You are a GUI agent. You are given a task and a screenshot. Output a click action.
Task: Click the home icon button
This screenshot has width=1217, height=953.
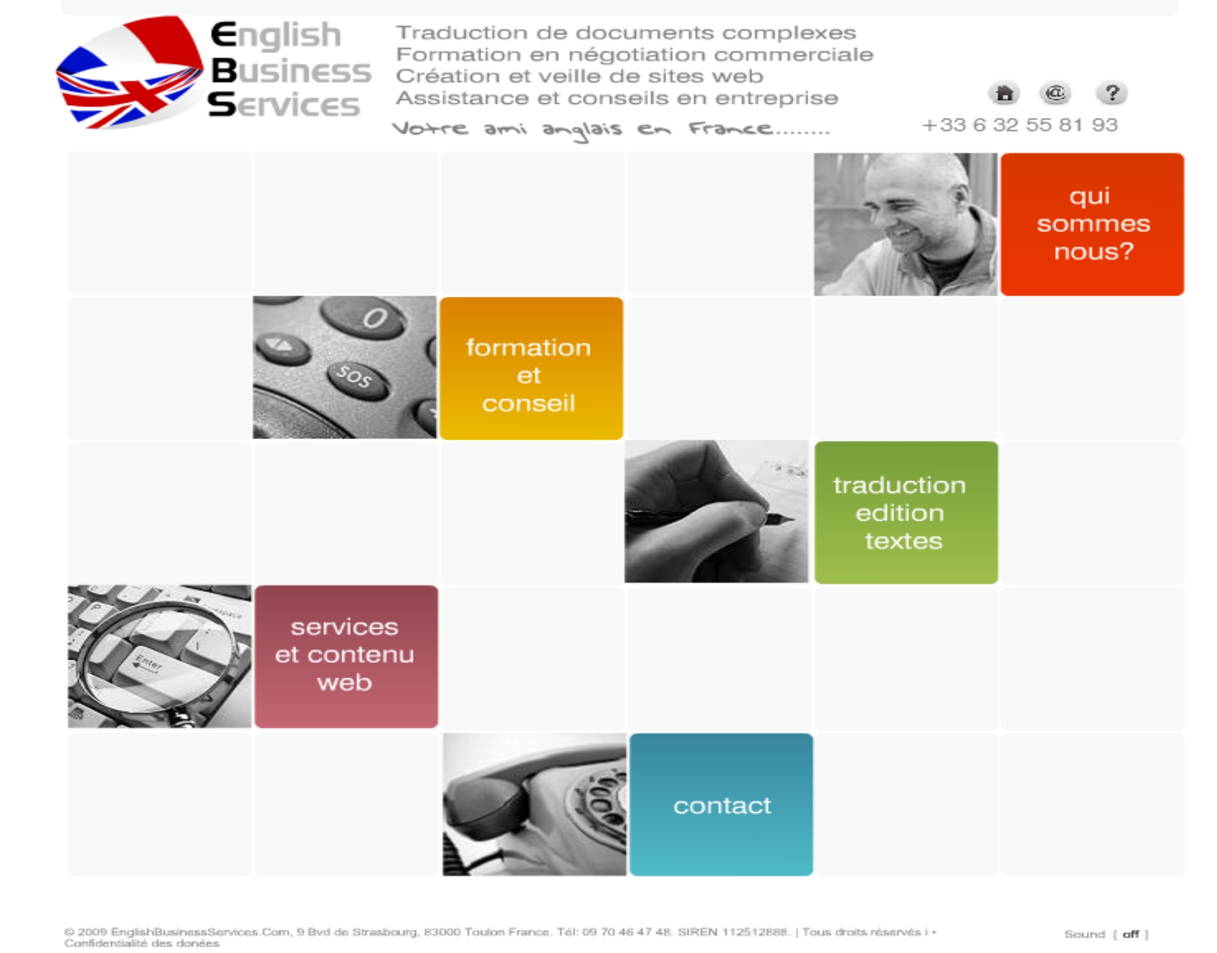click(x=1004, y=93)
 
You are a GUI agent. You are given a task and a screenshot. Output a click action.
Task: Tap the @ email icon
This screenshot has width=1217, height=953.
click(x=1055, y=93)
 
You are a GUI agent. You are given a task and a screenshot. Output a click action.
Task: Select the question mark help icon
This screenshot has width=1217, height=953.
click(x=1111, y=93)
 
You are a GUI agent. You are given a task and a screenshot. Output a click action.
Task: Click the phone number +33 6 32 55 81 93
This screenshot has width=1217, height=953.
click(x=1020, y=125)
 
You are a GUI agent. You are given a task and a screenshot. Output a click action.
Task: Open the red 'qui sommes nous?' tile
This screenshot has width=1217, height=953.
click(x=1092, y=224)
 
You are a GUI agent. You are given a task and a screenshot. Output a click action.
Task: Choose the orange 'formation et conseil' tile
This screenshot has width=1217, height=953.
click(x=531, y=368)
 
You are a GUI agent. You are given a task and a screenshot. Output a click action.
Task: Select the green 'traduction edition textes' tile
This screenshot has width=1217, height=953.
click(x=906, y=513)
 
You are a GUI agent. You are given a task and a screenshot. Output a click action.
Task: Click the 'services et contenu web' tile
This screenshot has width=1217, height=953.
click(x=346, y=657)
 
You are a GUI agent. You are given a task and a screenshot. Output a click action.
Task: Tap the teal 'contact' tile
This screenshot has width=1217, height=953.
click(x=721, y=804)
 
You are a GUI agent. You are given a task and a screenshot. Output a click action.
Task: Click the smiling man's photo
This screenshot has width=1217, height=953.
click(x=906, y=224)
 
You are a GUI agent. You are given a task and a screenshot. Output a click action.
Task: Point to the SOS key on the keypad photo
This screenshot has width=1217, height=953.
click(x=355, y=376)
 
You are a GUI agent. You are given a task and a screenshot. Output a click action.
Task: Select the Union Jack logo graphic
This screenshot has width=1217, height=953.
click(x=129, y=73)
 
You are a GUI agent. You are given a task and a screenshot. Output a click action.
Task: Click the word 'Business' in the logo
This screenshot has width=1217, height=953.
click(x=291, y=71)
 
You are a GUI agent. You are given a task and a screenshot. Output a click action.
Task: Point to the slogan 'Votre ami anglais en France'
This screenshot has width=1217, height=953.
click(x=610, y=130)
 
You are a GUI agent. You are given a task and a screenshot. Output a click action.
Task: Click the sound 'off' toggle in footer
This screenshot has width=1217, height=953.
click(x=1131, y=934)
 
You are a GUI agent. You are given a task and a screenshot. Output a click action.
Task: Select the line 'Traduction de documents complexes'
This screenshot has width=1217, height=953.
click(x=626, y=32)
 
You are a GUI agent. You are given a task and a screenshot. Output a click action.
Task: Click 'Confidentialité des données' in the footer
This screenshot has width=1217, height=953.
click(x=142, y=943)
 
